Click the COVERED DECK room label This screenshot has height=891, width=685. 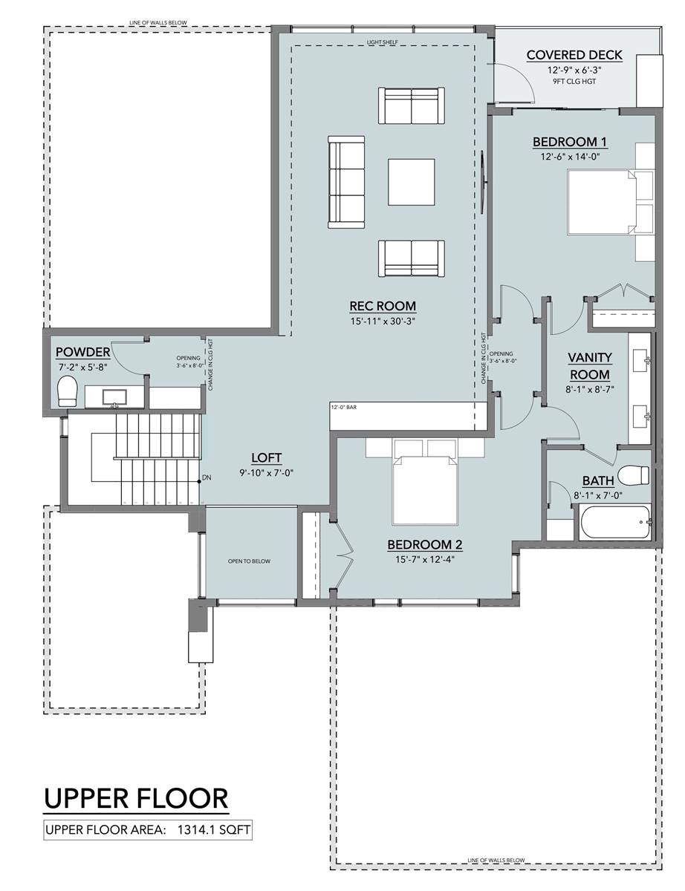pyautogui.click(x=574, y=55)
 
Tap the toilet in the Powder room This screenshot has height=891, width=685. pyautogui.click(x=68, y=391)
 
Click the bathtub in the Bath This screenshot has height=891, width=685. pyautogui.click(x=615, y=523)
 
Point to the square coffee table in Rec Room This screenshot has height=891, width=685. pyautogui.click(x=411, y=182)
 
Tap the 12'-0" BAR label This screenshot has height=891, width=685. pyautogui.click(x=343, y=407)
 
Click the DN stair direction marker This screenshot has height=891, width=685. pyautogui.click(x=207, y=477)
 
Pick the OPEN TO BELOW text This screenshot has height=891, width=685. pyautogui.click(x=249, y=561)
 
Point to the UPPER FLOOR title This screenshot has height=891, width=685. pyautogui.click(x=136, y=798)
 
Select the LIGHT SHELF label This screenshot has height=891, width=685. pyautogui.click(x=383, y=42)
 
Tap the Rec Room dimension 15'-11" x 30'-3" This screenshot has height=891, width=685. pyautogui.click(x=383, y=321)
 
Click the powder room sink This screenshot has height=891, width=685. pyautogui.click(x=114, y=397)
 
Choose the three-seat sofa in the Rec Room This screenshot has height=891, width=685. pyautogui.click(x=346, y=182)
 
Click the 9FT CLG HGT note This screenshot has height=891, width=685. pyautogui.click(x=574, y=81)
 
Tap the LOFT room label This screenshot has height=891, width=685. pyautogui.click(x=266, y=457)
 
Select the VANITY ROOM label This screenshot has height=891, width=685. pyautogui.click(x=590, y=366)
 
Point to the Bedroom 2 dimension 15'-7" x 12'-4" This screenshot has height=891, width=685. pyautogui.click(x=425, y=559)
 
